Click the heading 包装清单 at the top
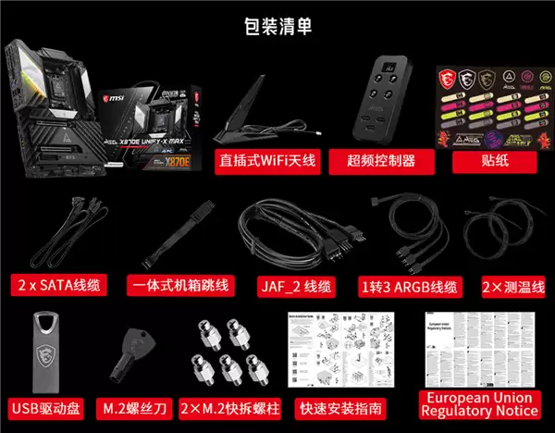click(277, 26)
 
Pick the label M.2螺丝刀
click(136, 407)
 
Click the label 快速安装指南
click(341, 407)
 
